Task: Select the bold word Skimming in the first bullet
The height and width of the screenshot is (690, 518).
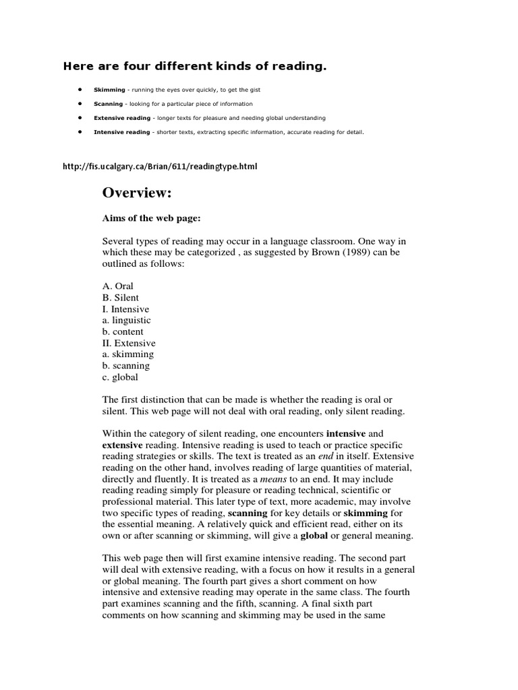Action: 108,90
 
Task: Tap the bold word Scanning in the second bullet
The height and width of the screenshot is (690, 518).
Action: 108,104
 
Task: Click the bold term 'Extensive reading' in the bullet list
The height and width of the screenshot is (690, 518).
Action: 122,118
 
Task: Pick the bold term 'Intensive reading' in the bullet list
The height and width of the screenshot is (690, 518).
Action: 122,132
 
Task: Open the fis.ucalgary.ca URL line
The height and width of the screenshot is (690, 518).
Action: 160,166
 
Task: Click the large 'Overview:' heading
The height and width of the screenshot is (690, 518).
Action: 138,193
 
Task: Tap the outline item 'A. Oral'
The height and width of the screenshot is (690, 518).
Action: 117,286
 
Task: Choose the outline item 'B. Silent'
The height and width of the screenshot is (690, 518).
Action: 119,298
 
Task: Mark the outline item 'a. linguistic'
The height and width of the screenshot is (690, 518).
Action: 127,320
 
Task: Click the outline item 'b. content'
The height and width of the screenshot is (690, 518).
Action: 123,332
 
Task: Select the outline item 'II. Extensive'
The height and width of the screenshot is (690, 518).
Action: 129,343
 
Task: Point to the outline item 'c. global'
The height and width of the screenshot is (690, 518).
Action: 120,377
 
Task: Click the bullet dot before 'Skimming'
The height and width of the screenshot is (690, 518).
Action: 80,90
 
